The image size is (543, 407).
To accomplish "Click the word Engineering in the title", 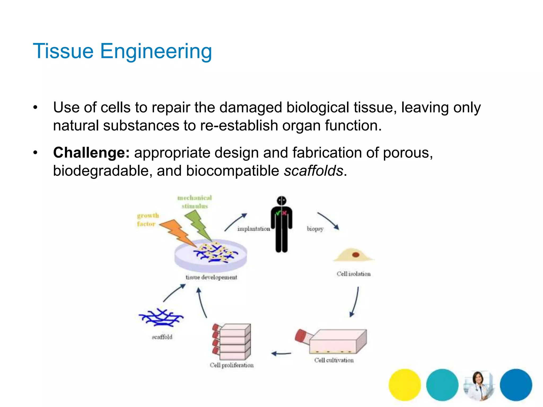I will click(x=156, y=51).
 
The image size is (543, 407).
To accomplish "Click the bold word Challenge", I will click(x=91, y=153).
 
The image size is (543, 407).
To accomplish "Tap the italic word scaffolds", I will click(x=314, y=171).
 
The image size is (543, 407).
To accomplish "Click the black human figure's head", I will click(x=282, y=201).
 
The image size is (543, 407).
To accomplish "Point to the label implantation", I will click(x=253, y=229).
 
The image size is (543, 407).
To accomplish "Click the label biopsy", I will click(x=315, y=229).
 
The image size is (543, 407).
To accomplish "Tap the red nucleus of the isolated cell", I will click(x=356, y=255).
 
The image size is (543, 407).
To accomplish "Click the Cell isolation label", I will click(x=353, y=274).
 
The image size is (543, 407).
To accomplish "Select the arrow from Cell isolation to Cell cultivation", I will click(x=355, y=302).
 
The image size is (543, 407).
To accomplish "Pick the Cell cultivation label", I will click(x=334, y=360).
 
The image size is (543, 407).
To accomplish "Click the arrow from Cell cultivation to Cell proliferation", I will click(x=281, y=353).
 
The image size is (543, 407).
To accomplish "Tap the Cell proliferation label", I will click(x=231, y=365).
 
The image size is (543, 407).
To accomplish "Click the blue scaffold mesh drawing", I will click(x=161, y=317).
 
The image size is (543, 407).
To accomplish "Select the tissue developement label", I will click(x=211, y=277).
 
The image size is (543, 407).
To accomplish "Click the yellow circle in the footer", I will click(x=405, y=384).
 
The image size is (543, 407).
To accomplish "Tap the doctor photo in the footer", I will click(x=479, y=385).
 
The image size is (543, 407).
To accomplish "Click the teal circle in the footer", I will click(x=442, y=384).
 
